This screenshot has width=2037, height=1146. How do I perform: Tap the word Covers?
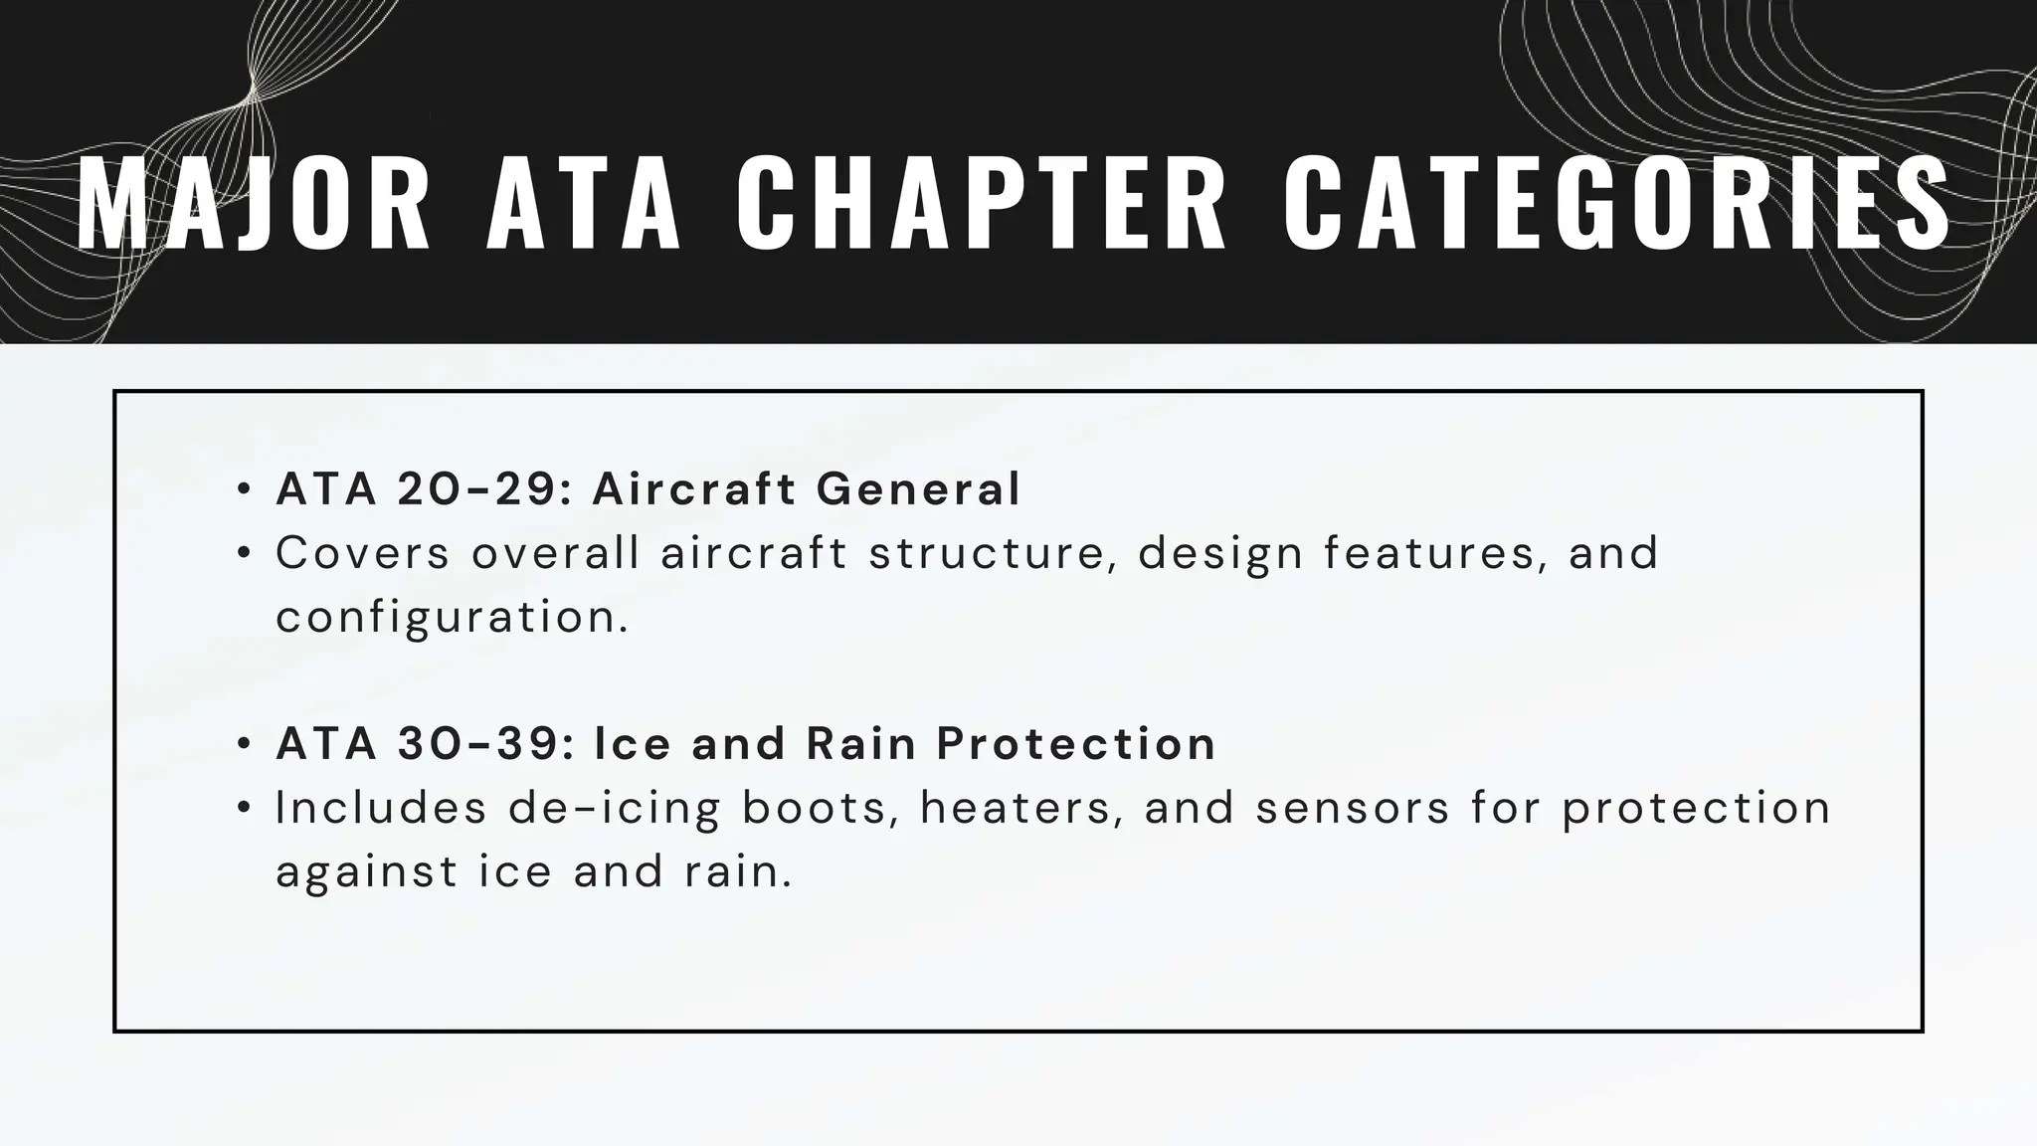pyautogui.click(x=363, y=553)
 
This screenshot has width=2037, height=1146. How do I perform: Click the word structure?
pyautogui.click(x=990, y=553)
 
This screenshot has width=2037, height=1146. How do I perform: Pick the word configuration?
pyautogui.click(x=453, y=618)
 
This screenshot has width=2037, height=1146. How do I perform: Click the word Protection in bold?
pyautogui.click(x=1076, y=743)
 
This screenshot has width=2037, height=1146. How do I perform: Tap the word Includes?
pyautogui.click(x=381, y=808)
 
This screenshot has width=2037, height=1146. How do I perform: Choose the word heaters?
pyautogui.click(x=1021, y=808)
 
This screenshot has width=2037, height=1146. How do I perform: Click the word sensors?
pyautogui.click(x=1352, y=808)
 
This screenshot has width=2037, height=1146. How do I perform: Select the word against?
pyautogui.click(x=366, y=872)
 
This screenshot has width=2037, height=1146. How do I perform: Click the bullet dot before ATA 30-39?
pyautogui.click(x=244, y=744)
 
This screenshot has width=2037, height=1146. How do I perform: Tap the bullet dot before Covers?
pyautogui.click(x=244, y=554)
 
